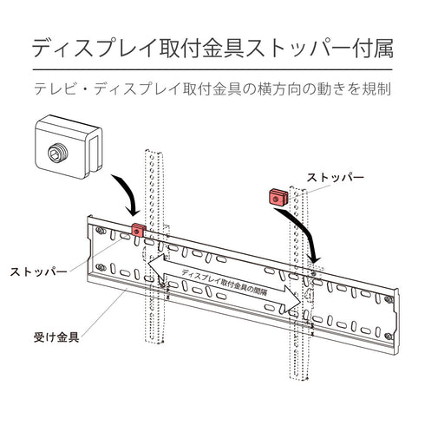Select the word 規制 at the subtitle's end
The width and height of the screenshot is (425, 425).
click(378, 89)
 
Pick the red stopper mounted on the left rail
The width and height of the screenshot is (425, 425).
click(138, 232)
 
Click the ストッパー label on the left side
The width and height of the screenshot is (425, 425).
click(37, 271)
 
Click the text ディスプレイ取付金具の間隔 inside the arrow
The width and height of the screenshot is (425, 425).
click(227, 280)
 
